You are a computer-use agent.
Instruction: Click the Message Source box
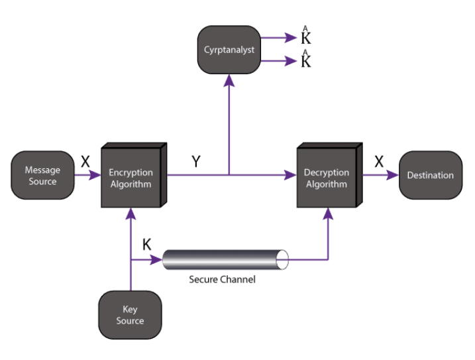42,175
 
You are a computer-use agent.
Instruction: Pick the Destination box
430,175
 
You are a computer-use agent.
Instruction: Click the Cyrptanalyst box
229,50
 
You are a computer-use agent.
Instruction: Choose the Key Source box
130,315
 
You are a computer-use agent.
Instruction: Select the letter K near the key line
147,245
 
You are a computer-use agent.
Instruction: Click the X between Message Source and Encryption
85,161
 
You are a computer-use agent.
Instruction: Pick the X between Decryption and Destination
378,161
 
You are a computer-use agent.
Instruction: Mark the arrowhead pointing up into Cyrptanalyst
229,79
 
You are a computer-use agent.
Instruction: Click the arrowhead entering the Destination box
394,175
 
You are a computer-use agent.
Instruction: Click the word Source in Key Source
130,321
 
